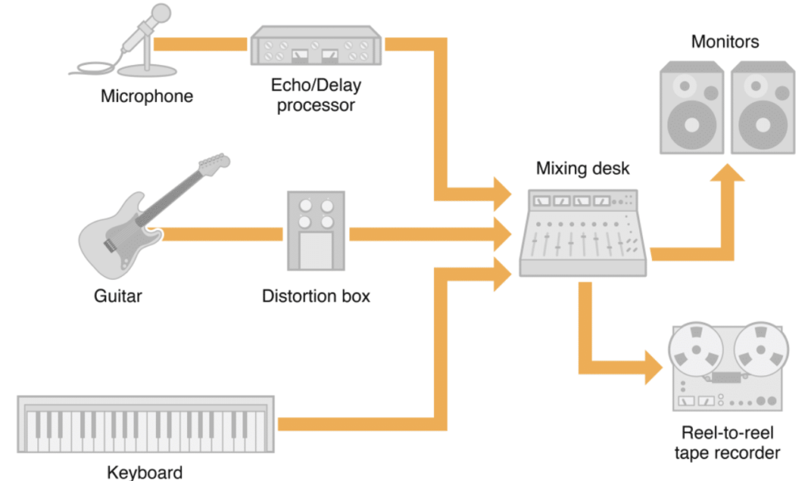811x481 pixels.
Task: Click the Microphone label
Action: pos(147,97)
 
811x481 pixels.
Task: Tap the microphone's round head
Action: pos(161,13)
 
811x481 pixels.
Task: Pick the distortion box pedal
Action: pos(316,230)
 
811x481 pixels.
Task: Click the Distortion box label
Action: pos(316,297)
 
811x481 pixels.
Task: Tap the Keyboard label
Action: pos(145,472)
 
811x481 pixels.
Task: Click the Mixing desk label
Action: pos(582,169)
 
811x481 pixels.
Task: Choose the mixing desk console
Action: pos(583,233)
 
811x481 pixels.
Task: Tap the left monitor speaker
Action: pos(691,109)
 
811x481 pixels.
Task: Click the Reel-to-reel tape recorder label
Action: pos(726,443)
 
